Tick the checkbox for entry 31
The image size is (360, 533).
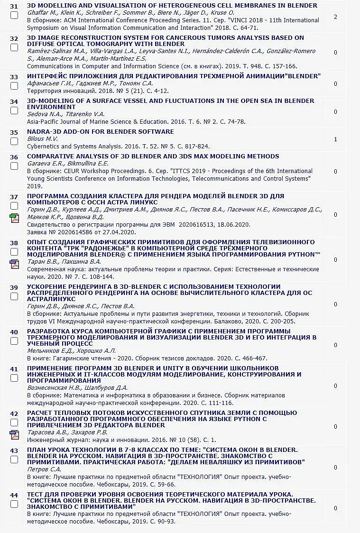pos(14,15)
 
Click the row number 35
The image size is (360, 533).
pos(14,132)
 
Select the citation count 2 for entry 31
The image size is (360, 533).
pos(335,17)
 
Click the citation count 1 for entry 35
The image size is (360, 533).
pos(335,139)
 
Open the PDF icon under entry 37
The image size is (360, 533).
pos(14,218)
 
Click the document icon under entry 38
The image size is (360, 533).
pos(14,264)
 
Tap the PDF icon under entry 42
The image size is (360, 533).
pos(14,435)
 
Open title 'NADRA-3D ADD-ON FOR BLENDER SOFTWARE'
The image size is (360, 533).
pos(100,132)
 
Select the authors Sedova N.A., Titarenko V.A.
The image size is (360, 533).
pos(65,114)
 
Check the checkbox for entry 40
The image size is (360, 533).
pos(14,341)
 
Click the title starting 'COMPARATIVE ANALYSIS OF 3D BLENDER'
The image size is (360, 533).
pos(153,156)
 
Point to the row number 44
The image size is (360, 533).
pos(14,495)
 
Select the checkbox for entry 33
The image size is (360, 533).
pos(14,85)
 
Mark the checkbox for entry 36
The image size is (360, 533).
pos(14,165)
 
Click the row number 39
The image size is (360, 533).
pos(14,287)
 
